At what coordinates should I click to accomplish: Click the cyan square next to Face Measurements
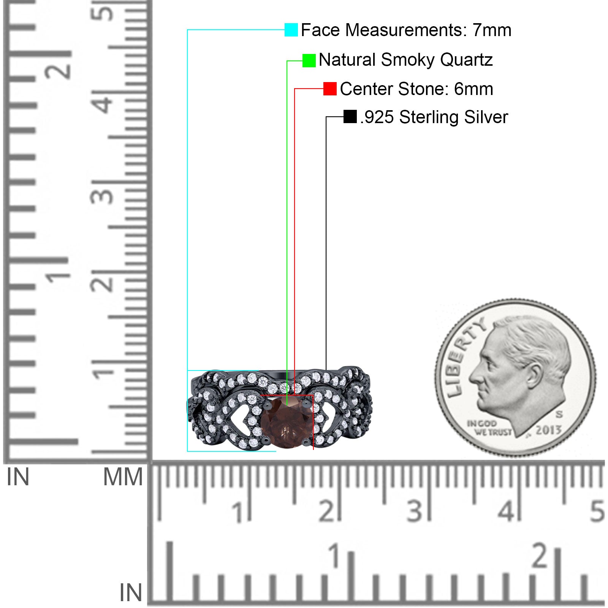291,30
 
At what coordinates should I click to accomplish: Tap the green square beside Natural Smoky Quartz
309,60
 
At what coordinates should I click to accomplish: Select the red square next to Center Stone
330,89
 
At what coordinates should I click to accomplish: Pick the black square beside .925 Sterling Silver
350,117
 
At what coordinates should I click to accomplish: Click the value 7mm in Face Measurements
492,30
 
